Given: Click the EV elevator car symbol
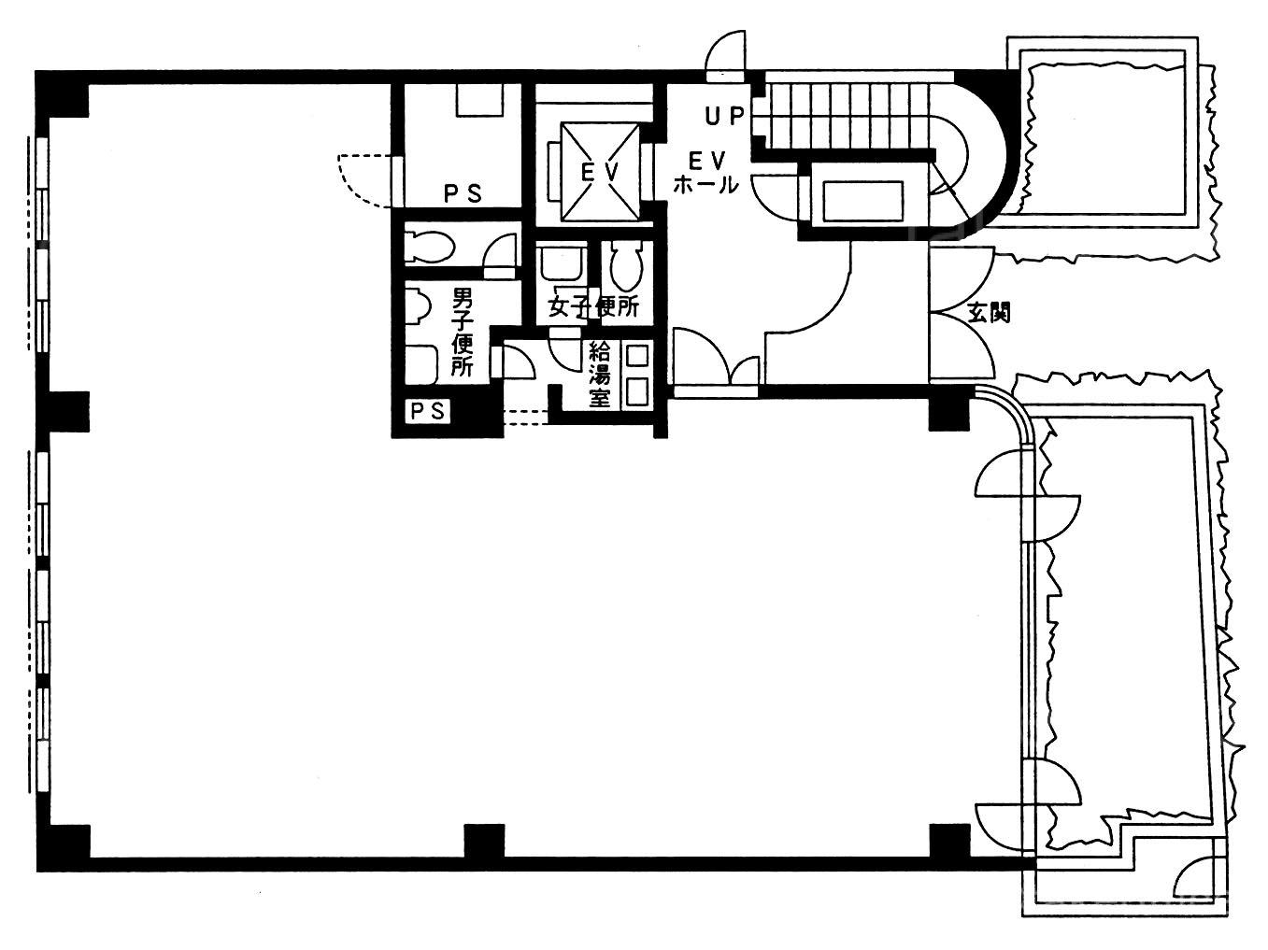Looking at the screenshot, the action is point(601,172).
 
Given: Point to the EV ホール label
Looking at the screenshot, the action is point(705,172).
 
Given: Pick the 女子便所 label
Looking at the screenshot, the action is point(593,306).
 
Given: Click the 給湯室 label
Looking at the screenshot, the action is point(600,375).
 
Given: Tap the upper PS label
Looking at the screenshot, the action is point(463,193).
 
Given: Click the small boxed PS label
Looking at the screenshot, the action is point(428,411).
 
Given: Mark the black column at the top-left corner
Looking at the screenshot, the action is point(63,94).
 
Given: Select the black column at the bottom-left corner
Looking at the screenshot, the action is point(64,848).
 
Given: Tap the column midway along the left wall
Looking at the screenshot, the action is point(64,412).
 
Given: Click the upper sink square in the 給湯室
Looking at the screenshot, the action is point(636,356).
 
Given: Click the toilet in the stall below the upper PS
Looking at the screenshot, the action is point(430,247).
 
